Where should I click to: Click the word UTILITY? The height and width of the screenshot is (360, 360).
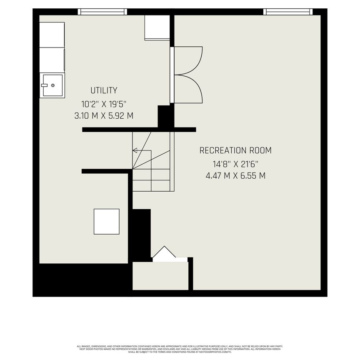[x=104, y=90]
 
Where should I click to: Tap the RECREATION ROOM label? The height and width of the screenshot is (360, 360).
[x=235, y=150]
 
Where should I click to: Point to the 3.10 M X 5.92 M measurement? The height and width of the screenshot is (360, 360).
[x=104, y=116]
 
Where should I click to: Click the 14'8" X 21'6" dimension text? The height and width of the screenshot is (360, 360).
[x=235, y=164]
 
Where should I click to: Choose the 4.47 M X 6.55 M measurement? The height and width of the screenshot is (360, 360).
[x=235, y=175]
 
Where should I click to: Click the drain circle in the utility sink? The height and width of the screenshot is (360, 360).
[x=53, y=85]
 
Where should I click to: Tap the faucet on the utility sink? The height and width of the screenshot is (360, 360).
[x=44, y=85]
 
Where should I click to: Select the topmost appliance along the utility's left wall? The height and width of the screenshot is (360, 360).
[x=52, y=35]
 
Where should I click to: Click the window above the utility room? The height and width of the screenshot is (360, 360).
[x=102, y=12]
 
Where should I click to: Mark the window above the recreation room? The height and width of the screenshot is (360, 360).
[x=288, y=12]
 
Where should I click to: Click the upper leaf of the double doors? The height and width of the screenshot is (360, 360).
[x=187, y=60]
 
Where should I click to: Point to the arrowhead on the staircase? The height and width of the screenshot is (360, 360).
[x=135, y=150]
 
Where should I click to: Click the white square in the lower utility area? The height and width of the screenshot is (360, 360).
[x=106, y=222]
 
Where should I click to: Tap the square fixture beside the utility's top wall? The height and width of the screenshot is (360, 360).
[x=157, y=27]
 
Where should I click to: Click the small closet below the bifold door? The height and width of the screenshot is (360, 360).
[x=160, y=275]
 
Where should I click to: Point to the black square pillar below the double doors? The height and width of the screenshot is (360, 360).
[x=165, y=116]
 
